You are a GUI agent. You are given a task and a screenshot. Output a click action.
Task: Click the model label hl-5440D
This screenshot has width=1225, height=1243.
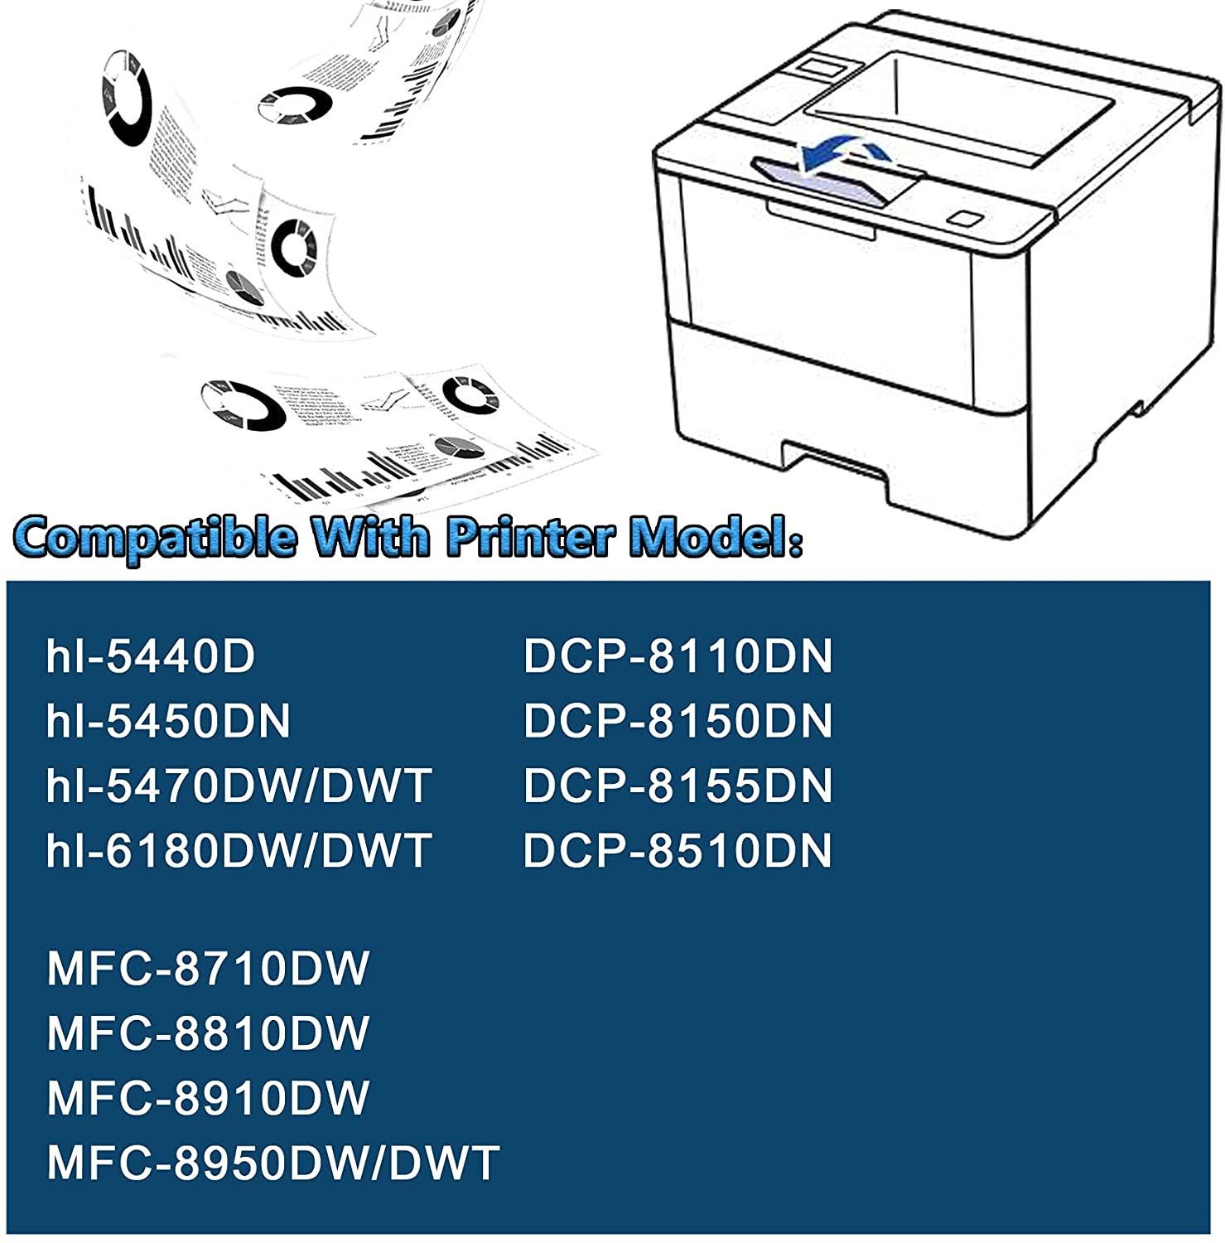tap(151, 656)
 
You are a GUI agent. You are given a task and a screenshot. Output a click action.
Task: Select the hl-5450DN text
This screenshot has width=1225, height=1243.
tap(168, 721)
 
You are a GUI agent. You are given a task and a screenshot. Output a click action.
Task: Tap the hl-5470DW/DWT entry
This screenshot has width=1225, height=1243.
tap(239, 786)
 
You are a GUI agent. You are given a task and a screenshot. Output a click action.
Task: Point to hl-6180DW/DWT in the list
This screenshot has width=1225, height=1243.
tap(239, 850)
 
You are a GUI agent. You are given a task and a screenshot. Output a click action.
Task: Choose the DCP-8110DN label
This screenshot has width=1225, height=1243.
tap(678, 656)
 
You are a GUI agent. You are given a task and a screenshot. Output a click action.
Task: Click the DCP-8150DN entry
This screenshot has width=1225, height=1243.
tap(678, 721)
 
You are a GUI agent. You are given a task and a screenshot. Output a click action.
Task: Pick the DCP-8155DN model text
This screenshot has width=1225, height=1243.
tap(678, 786)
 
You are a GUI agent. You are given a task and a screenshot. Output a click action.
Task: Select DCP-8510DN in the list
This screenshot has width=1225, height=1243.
tap(678, 850)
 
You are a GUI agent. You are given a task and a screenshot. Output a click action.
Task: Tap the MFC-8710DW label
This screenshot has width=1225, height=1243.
tap(208, 968)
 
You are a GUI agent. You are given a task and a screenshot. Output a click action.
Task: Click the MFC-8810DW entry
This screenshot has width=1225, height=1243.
tap(208, 1033)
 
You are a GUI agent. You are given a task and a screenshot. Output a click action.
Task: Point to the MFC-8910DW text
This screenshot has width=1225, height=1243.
tap(208, 1097)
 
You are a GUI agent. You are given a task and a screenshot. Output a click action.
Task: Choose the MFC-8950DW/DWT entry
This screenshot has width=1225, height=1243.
tap(273, 1162)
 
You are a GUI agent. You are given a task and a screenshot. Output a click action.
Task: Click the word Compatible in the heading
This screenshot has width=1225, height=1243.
tap(157, 537)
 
